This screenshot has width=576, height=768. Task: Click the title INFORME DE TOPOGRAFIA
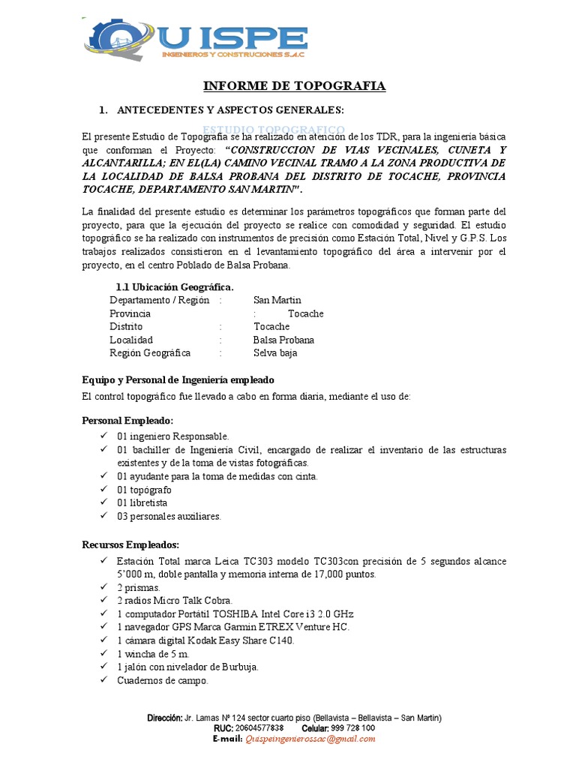click(x=295, y=86)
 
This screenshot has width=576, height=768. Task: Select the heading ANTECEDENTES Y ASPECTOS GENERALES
click(x=230, y=110)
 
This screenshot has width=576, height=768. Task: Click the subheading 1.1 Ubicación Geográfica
click(x=174, y=287)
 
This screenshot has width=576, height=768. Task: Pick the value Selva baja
click(x=275, y=352)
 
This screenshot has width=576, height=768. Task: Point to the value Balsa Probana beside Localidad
click(x=283, y=340)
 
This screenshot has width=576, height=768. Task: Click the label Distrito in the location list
click(x=126, y=327)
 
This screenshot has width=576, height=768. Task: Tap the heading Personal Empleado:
click(x=127, y=421)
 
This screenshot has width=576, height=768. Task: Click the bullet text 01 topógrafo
click(x=144, y=490)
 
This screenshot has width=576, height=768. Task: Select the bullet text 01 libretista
click(x=142, y=502)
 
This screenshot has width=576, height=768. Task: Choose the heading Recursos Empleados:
click(x=130, y=544)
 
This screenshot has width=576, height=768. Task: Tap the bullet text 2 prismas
click(x=139, y=587)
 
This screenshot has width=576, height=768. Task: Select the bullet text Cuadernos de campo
click(x=162, y=680)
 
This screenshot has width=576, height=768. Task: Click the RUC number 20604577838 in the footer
click(x=259, y=727)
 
